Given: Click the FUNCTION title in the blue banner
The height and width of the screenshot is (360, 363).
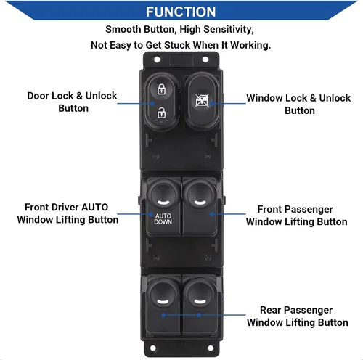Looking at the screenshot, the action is [181, 12].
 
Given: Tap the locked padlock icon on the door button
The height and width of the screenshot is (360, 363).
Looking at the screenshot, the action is [161, 89].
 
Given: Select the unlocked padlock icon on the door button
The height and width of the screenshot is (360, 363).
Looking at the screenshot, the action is [161, 112].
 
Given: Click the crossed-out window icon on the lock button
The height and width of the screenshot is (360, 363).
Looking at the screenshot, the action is [202, 100].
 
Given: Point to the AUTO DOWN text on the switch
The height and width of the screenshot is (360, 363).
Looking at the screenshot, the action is [163, 219].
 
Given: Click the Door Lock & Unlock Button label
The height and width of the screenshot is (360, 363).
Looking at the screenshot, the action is [72, 102].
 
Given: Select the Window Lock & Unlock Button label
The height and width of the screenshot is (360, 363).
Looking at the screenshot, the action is [298, 104].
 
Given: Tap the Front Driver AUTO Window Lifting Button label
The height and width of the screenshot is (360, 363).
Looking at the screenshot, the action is [68, 213].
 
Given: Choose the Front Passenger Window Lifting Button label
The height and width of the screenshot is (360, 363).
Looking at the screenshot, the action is [297, 216].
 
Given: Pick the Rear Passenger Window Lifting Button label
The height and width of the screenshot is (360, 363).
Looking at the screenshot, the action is [298, 316].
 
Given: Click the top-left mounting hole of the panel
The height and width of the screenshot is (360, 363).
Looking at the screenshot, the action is [157, 60].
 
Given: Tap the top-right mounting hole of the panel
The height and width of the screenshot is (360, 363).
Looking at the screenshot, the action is [205, 60].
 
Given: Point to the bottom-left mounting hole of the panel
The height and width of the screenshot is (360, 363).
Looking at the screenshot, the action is [153, 348].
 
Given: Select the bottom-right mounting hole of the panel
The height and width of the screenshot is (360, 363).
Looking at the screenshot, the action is [211, 348].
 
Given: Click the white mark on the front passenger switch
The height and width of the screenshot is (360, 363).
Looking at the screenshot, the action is [200, 202].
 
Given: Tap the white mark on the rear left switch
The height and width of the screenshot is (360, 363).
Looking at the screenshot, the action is [163, 301].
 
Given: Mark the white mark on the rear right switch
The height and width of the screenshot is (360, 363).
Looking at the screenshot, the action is [200, 301].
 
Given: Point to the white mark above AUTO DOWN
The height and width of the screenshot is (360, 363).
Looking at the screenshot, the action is [163, 202].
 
